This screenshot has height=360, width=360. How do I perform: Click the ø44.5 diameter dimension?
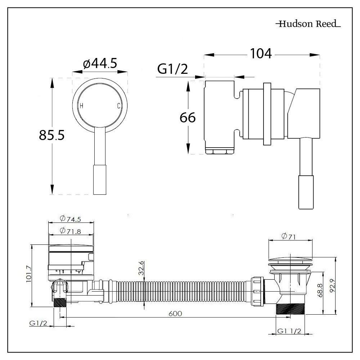pyautogui.click(x=100, y=64)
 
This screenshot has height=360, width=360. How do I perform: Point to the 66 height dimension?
pyautogui.click(x=188, y=117)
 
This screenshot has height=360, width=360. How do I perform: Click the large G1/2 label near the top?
pyautogui.click(x=172, y=69)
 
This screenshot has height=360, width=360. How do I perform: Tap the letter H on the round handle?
pyautogui.click(x=81, y=106)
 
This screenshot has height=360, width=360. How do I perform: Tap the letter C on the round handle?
pyautogui.click(x=118, y=106)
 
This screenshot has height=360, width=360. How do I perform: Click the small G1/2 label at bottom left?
pyautogui.click(x=38, y=323)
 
